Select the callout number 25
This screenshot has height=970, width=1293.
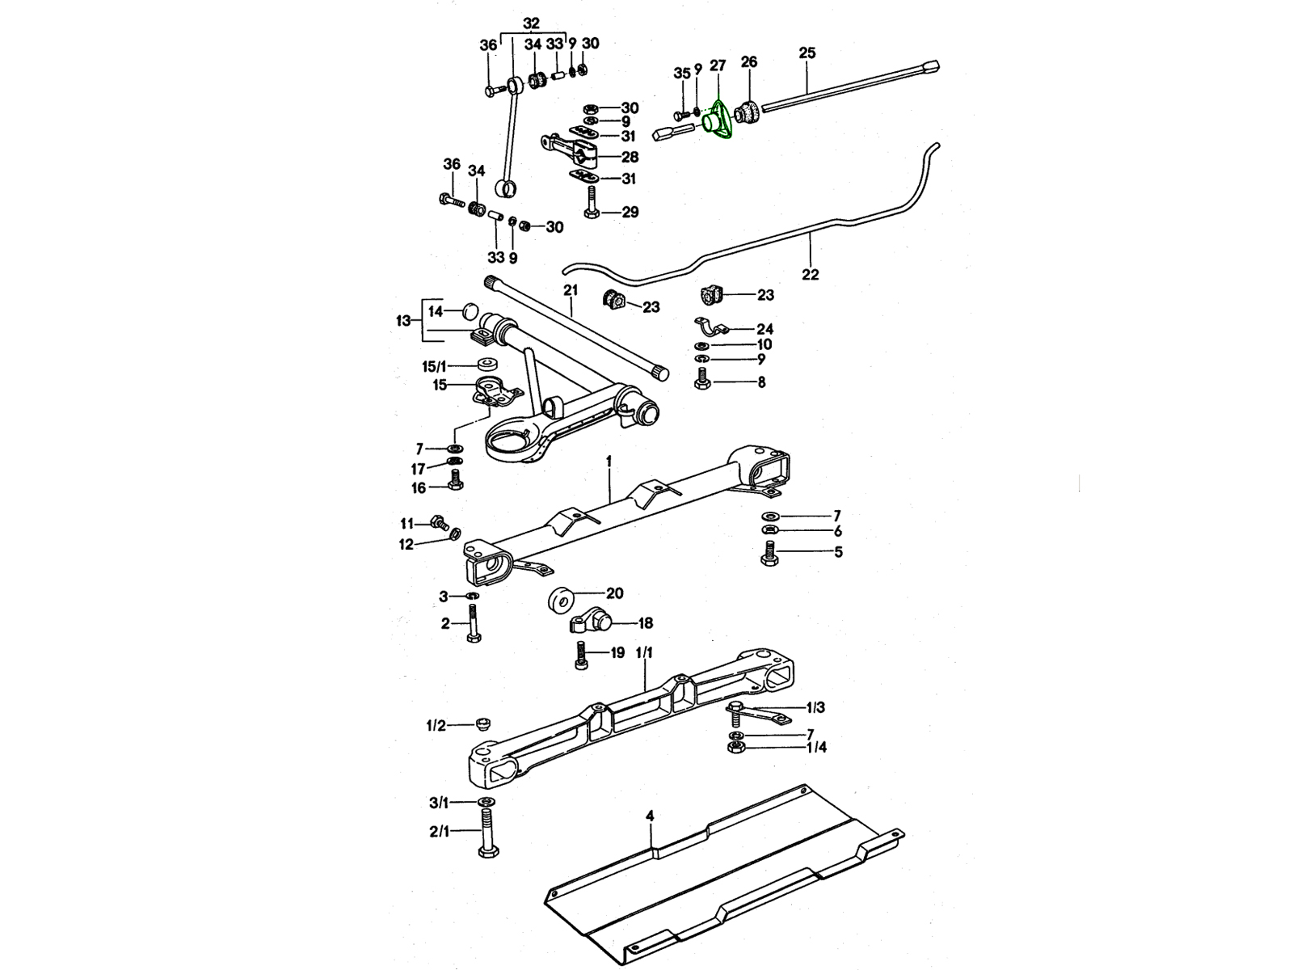807,53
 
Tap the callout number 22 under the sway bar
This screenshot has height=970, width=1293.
810,275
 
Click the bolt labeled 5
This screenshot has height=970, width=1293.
769,554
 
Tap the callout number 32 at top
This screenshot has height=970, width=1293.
531,23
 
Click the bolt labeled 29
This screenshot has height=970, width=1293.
592,203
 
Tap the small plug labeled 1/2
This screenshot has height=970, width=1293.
484,722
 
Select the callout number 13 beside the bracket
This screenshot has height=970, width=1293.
403,321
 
